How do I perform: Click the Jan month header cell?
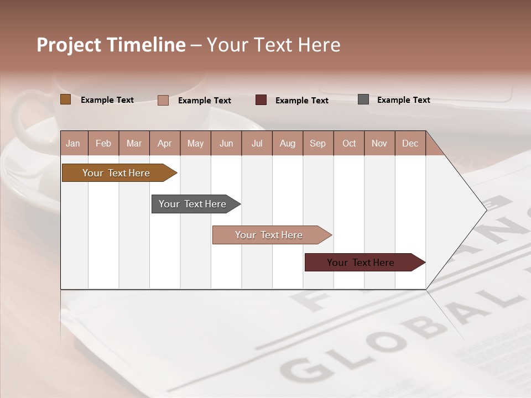74,143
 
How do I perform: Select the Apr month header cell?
165,143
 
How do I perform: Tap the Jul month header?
257,143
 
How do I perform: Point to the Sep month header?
318,143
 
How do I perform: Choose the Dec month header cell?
410,143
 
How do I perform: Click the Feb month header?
103,143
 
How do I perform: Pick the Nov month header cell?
379,143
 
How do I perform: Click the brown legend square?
65,99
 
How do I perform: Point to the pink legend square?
163,100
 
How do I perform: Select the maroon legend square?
261,100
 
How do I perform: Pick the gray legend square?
363,99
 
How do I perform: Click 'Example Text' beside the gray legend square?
403,100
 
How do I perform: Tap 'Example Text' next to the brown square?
107,100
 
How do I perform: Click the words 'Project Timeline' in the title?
111,45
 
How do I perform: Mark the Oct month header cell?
349,143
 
